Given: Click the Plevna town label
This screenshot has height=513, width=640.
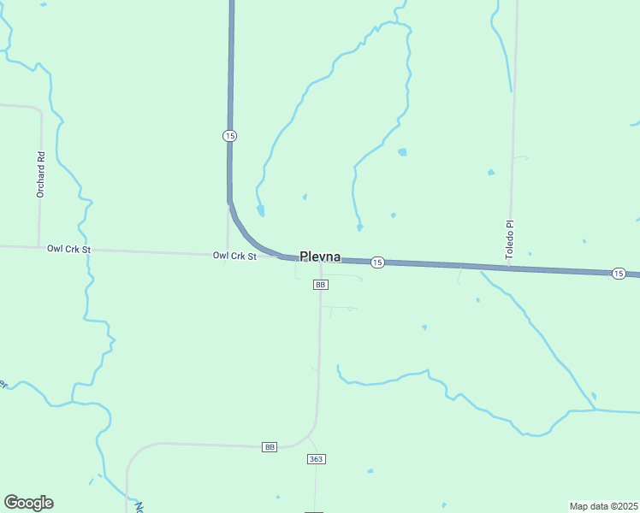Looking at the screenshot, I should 320,256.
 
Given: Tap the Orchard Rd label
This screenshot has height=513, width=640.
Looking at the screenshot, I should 40,175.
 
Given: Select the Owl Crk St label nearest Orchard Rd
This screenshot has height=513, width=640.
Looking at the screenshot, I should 68,249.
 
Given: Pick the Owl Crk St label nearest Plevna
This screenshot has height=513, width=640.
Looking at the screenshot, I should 234,256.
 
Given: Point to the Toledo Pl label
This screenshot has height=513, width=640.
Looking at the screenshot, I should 509,240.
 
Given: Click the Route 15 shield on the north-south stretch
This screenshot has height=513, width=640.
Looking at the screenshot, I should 229,136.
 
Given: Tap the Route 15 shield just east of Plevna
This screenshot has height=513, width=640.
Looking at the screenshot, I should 378,262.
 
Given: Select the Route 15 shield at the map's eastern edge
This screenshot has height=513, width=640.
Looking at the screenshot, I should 618,273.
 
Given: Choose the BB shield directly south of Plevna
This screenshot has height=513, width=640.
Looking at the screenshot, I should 321,285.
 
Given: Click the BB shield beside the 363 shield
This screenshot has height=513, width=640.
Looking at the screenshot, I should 270,447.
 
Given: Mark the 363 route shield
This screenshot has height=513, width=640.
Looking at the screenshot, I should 316,459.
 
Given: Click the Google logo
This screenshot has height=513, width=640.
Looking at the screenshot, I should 28,503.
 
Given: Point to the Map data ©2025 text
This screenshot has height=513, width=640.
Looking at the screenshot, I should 602,505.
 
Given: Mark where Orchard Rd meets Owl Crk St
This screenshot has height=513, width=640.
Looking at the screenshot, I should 39,247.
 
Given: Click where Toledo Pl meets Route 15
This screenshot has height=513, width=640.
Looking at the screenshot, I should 510,268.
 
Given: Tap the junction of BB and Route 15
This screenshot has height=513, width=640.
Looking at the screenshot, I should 321,259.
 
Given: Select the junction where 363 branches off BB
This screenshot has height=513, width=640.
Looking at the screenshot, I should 309,434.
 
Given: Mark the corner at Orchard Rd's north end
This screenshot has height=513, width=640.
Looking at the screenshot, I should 39,109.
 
